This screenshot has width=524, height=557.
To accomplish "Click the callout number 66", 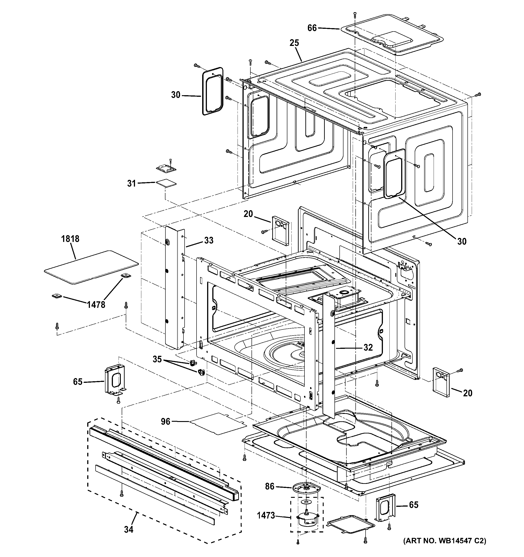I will pyautogui.click(x=312, y=28).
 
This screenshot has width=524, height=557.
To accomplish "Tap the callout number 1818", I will pyautogui.click(x=70, y=239).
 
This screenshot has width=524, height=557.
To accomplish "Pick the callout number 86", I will pyautogui.click(x=270, y=486).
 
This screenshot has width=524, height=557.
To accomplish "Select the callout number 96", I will pyautogui.click(x=165, y=421).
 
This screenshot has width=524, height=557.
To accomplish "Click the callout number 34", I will pyautogui.click(x=129, y=530).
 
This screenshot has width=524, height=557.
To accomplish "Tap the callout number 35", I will pyautogui.click(x=157, y=359).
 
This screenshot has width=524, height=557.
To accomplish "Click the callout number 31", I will pyautogui.click(x=131, y=183).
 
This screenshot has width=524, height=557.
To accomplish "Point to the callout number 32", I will pyautogui.click(x=368, y=348).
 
